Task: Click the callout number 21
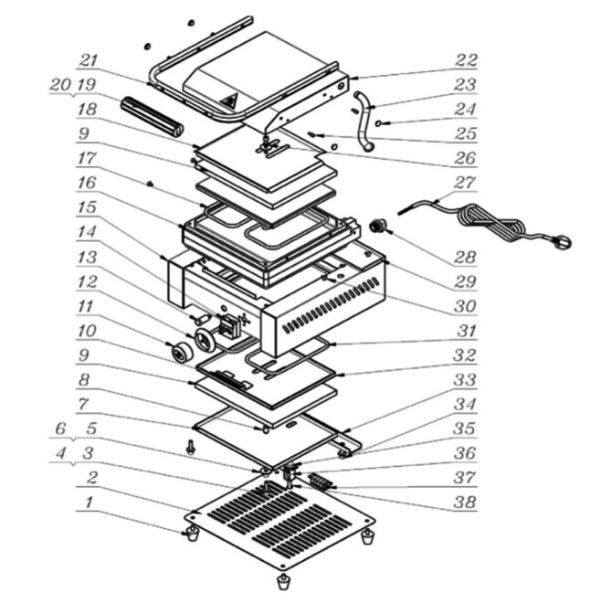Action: coord(88,61)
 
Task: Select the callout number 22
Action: coord(466,61)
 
